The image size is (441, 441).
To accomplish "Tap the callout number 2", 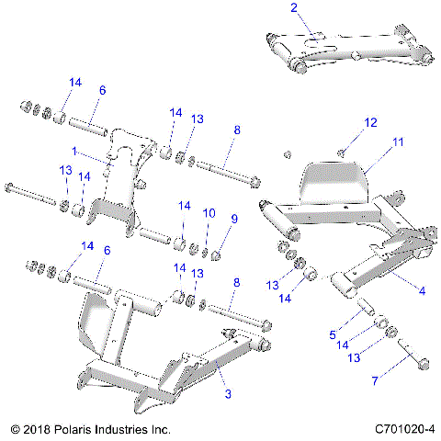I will (x=294, y=8).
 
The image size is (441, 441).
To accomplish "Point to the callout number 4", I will (x=422, y=291).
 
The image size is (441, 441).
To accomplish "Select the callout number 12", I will (x=370, y=122).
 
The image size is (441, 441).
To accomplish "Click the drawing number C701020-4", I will (x=404, y=429).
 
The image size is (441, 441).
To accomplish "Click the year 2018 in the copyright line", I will (x=38, y=429).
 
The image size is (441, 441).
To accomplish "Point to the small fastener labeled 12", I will (x=342, y=152).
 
